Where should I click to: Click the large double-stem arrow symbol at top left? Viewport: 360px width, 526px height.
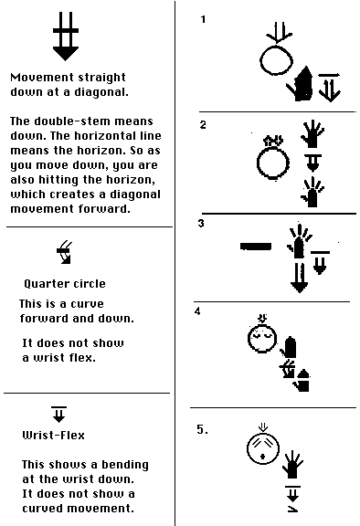pyautogui.click(x=66, y=37)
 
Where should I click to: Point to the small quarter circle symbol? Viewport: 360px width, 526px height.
pyautogui.click(x=65, y=252)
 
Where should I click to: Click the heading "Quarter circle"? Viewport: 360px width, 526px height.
pyautogui.click(x=65, y=284)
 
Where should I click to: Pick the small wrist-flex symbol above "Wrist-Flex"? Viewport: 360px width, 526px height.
pyautogui.click(x=59, y=415)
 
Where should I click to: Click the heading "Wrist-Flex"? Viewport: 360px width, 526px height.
pyautogui.click(x=53, y=436)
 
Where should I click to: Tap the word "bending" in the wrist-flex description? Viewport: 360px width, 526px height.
pyautogui.click(x=125, y=465)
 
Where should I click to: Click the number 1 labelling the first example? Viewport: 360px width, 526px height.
pyautogui.click(x=203, y=19)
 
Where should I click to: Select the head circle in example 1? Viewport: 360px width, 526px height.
pyautogui.click(x=277, y=60)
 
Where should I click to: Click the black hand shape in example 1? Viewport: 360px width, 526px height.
pyautogui.click(x=300, y=84)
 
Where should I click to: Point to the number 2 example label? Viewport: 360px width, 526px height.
pyautogui.click(x=203, y=125)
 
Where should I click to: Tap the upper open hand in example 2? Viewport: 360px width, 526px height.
pyautogui.click(x=312, y=134)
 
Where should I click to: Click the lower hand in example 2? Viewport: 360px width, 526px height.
pyautogui.click(x=312, y=193)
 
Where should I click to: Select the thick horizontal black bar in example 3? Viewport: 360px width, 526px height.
pyautogui.click(x=256, y=247)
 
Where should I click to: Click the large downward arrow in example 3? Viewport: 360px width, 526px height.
pyautogui.click(x=299, y=278)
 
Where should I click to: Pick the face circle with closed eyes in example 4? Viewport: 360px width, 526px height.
pyautogui.click(x=262, y=339)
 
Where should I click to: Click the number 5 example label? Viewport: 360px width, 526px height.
pyautogui.click(x=202, y=429)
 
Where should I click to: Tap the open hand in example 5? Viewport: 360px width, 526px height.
pyautogui.click(x=293, y=465)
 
